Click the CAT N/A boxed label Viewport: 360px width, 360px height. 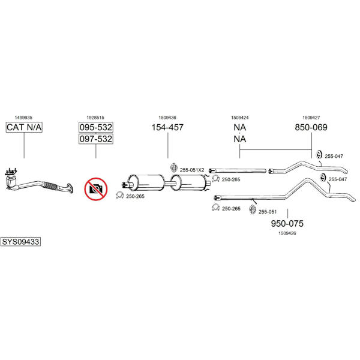pyautogui.click(x=24, y=127)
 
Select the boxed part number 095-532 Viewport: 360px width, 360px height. pyautogui.click(x=96, y=127)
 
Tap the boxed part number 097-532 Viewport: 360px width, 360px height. pyautogui.click(x=96, y=139)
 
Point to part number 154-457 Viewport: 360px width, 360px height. pyautogui.click(x=167, y=127)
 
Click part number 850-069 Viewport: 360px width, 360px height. pyautogui.click(x=311, y=127)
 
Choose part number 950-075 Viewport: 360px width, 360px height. pyautogui.click(x=287, y=223)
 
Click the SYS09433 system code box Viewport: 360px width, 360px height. pyautogui.click(x=20, y=242)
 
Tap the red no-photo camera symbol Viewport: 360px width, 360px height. pyautogui.click(x=96, y=189)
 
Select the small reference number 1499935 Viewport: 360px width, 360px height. pyautogui.click(x=23, y=118)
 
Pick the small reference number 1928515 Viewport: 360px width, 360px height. pyautogui.click(x=95, y=118)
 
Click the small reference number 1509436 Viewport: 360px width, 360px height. pyautogui.click(x=167, y=118)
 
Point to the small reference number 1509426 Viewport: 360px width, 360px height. pyautogui.click(x=287, y=233)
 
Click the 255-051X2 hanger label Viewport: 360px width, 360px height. pyautogui.click(x=192, y=170)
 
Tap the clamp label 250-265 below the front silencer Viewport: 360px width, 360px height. pyautogui.click(x=135, y=196)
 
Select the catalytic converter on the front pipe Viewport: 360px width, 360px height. pyautogui.click(x=12, y=182)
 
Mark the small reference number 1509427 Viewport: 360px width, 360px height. pyautogui.click(x=311, y=118)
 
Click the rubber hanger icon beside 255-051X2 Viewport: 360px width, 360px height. pyautogui.click(x=174, y=168)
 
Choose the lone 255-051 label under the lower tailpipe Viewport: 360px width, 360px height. pyautogui.click(x=268, y=212)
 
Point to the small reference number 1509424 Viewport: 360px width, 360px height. pyautogui.click(x=239, y=118)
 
